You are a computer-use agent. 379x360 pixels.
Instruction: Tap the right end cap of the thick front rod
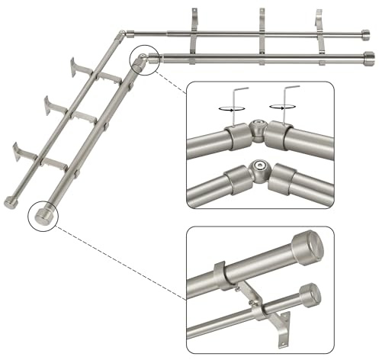[x=368, y=59]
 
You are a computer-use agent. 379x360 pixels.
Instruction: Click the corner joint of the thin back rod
[x=123, y=34]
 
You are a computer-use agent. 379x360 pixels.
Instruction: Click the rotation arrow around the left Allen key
[x=223, y=109]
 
